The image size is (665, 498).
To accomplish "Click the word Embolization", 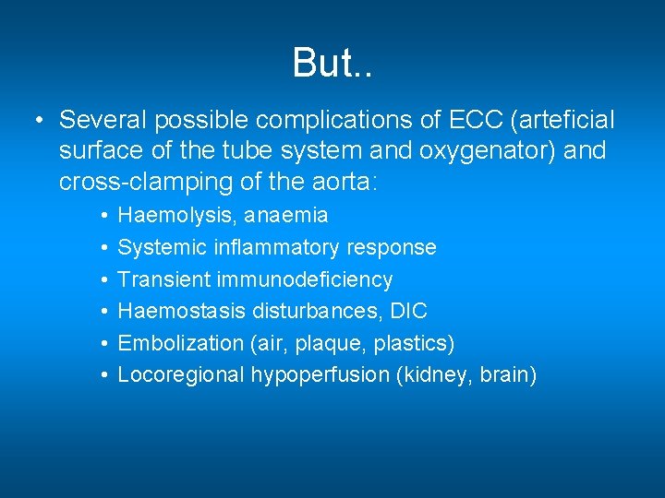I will [x=180, y=343].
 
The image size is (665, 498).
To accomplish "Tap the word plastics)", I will [x=416, y=343].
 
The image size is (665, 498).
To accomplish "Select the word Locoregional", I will [x=181, y=375].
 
